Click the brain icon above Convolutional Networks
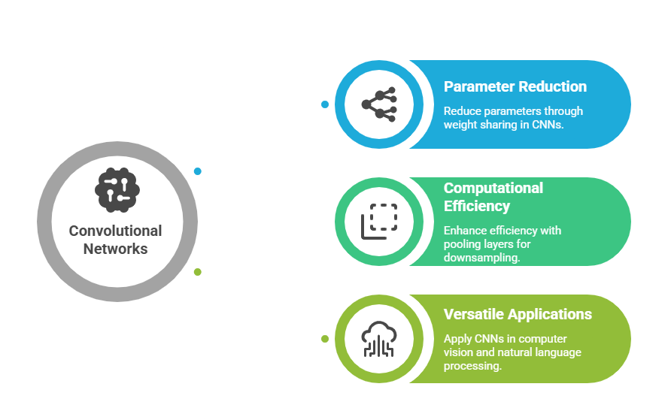click(x=117, y=189)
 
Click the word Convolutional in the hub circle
click(x=115, y=231)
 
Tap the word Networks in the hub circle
click(x=115, y=249)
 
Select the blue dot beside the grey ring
click(x=198, y=171)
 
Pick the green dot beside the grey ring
click(x=198, y=272)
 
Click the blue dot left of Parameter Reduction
click(x=325, y=104)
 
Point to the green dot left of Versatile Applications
click(x=325, y=339)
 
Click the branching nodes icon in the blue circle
click(x=379, y=104)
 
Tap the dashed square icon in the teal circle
click(x=379, y=221)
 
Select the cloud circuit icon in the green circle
click(x=379, y=339)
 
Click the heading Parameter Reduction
click(x=515, y=86)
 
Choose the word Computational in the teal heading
click(x=493, y=188)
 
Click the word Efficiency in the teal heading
click(x=476, y=206)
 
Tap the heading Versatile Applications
click(x=518, y=314)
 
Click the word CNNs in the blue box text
click(x=545, y=125)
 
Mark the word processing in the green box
click(x=472, y=366)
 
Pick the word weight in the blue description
click(x=460, y=125)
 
